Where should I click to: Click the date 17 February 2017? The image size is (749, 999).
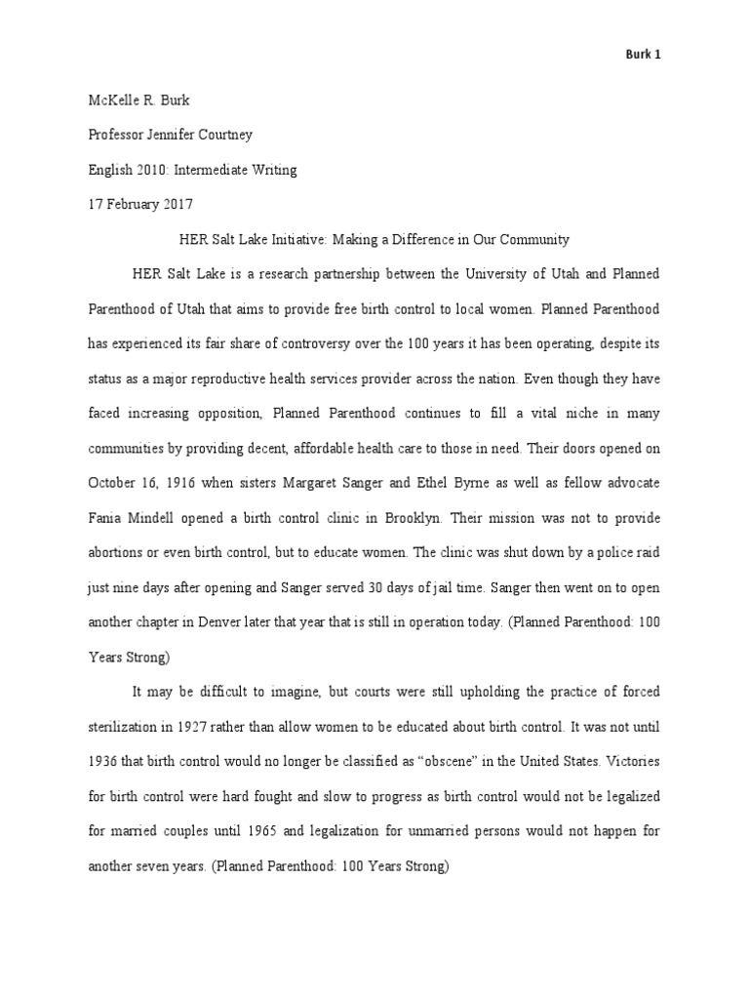(139, 204)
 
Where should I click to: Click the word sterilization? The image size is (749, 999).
(128, 727)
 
